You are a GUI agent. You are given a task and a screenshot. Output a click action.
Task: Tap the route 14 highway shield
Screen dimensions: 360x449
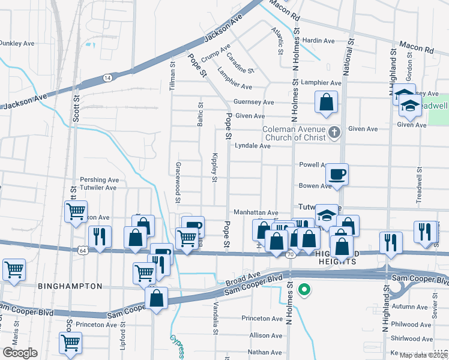pos(107,77)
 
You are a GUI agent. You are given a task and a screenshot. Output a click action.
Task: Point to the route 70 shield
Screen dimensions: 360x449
pos(291,254)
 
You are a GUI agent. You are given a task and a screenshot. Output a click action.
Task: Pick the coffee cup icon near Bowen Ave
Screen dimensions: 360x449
pos(337,174)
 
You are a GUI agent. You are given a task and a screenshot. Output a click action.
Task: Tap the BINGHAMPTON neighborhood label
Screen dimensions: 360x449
pos(70,286)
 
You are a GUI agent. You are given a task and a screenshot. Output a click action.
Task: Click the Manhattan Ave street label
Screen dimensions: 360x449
pos(256,212)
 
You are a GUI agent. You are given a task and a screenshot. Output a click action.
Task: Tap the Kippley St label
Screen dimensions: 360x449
pos(214,166)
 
